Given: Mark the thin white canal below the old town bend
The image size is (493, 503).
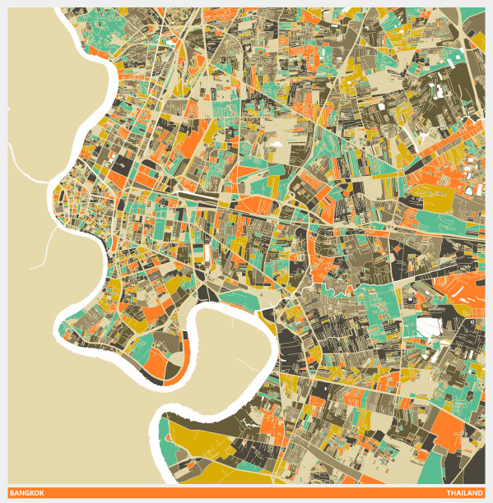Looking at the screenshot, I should pyautogui.click(x=45, y=247).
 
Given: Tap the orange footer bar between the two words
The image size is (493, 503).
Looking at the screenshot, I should pyautogui.click(x=247, y=492).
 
